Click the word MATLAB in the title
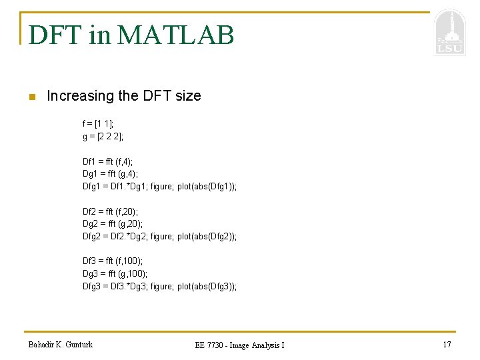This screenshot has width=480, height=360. point(175,35)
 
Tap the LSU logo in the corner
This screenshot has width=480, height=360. point(449,33)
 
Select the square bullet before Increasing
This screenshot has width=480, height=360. point(31,97)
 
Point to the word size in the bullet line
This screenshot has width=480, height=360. point(188,96)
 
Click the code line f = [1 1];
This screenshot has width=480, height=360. point(98,124)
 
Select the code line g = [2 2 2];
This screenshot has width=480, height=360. point(103,137)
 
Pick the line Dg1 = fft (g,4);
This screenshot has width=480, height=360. point(110,174)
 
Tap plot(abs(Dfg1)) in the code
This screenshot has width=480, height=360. point(206,187)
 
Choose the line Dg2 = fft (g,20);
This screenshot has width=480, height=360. point(112,224)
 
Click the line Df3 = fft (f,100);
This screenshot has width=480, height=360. point(112,261)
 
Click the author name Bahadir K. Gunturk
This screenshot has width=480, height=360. point(61,345)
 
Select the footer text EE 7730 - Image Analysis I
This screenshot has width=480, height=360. point(239,345)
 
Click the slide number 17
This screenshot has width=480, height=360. point(447,345)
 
